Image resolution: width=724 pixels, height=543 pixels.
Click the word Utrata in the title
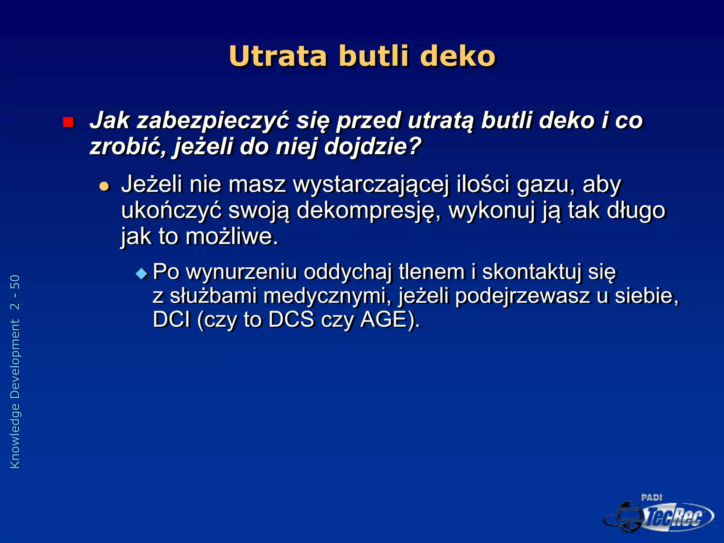(278, 57)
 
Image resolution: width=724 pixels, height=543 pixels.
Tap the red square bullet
(68, 122)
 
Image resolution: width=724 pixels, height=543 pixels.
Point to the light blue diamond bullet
(142, 273)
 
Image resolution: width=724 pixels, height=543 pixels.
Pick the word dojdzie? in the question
(373, 146)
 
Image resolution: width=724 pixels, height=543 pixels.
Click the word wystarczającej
(371, 185)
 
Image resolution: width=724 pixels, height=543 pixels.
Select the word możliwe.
(232, 237)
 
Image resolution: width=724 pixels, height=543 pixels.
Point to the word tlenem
(431, 272)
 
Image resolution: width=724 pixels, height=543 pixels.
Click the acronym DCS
(291, 320)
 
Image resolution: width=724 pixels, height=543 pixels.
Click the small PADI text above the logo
(652, 497)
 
